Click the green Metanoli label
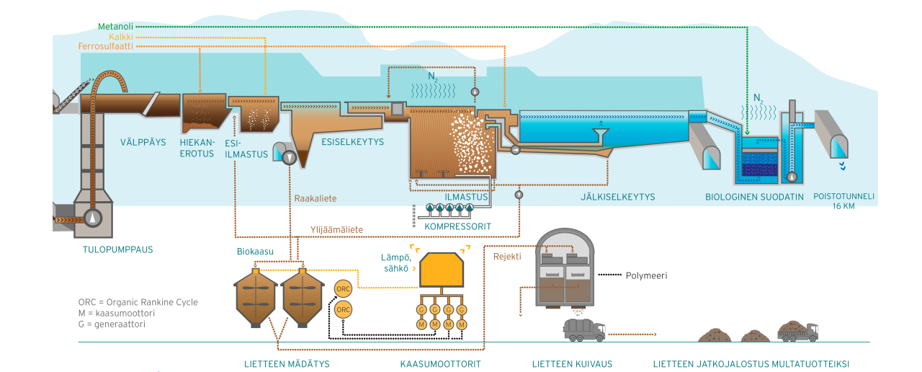click(115, 27)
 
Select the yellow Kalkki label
click(120, 37)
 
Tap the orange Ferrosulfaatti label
click(105, 47)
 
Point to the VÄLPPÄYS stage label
click(143, 143)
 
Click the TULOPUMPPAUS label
click(118, 250)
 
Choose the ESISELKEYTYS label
click(352, 142)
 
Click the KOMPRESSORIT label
click(457, 226)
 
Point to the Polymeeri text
click(646, 275)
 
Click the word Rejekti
click(507, 256)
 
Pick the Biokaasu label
click(255, 252)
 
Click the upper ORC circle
click(344, 290)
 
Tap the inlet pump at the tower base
click(94, 218)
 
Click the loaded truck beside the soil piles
click(797, 331)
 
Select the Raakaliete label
click(315, 198)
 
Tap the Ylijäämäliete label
click(336, 230)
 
